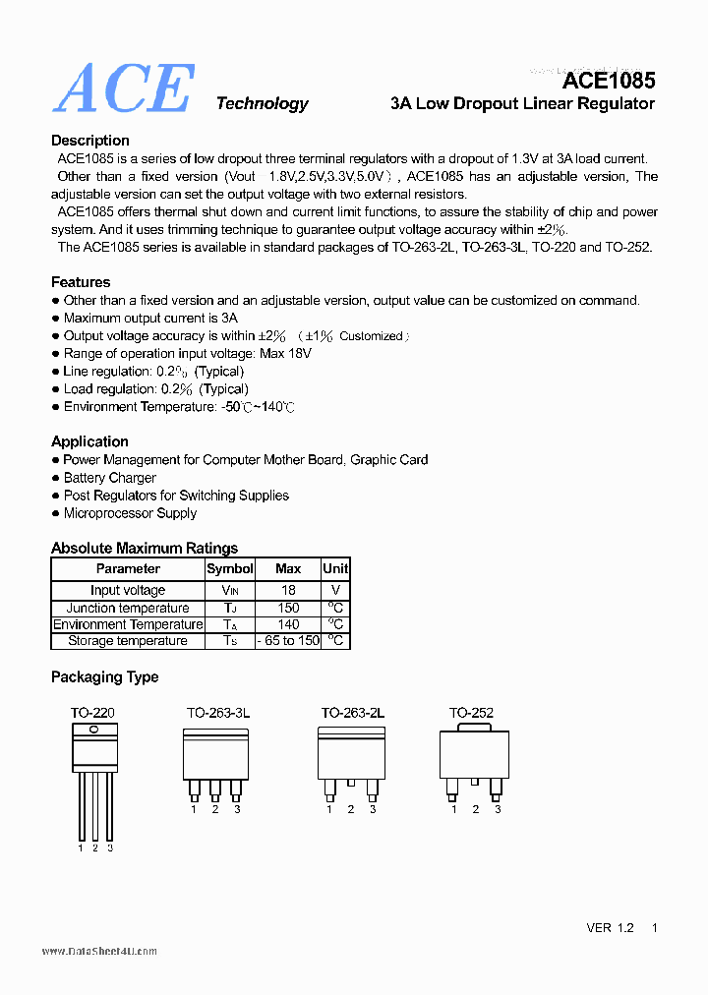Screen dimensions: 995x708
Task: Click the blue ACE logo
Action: [124, 89]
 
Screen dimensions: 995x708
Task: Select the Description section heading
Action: [90, 141]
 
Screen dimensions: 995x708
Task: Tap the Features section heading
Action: [81, 282]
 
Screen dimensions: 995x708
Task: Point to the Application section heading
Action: [89, 441]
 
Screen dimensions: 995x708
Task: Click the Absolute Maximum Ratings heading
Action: [145, 548]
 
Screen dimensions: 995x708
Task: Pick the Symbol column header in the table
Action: [230, 569]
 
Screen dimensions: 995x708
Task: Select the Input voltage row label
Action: [128, 590]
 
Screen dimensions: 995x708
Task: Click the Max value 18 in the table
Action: [288, 590]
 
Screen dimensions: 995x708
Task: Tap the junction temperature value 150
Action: [288, 608]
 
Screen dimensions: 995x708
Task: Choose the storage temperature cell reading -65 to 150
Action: [288, 641]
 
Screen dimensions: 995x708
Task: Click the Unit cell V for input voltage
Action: [335, 590]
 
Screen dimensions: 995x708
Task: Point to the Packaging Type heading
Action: [104, 677]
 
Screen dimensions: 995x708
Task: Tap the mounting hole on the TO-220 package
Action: [94, 730]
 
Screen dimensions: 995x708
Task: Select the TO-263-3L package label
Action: [218, 713]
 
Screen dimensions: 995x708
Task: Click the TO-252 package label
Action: [471, 713]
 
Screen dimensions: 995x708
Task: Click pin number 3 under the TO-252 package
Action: [498, 809]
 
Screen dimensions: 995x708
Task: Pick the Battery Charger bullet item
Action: [110, 478]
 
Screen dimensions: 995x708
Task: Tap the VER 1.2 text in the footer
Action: [611, 928]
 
